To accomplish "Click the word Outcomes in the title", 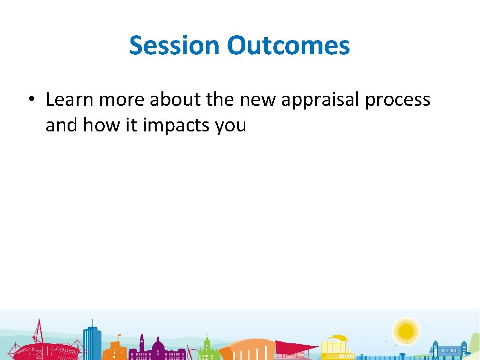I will tap(288, 46).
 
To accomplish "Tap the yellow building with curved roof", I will tap(338, 347).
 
